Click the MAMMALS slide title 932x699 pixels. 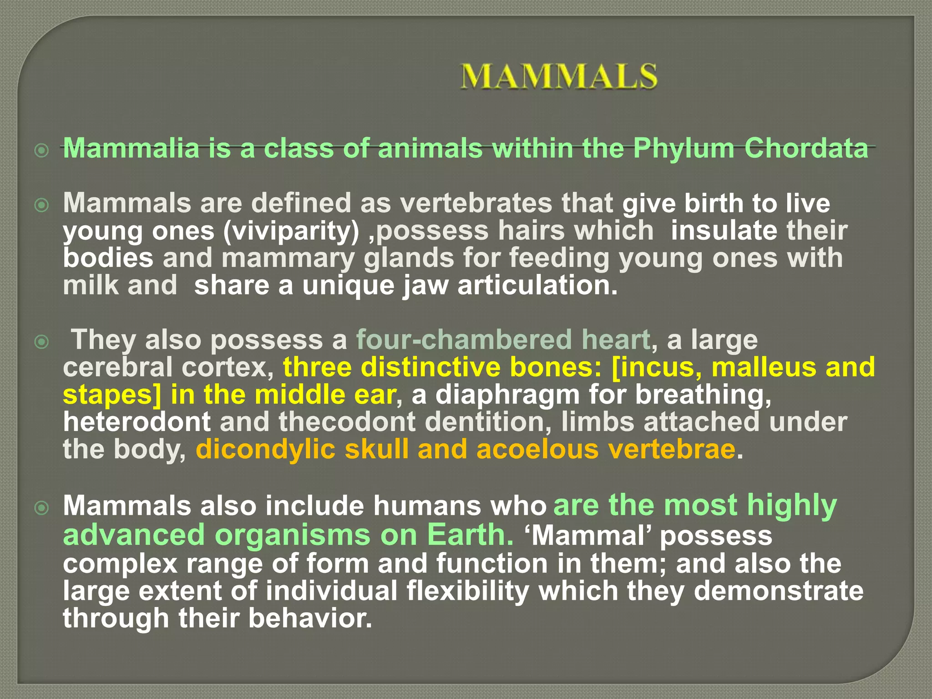click(559, 76)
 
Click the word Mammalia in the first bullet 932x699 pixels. click(131, 148)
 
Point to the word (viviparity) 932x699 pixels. click(291, 231)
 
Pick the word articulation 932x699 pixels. click(537, 285)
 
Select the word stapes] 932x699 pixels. click(112, 395)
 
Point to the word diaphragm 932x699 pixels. click(507, 395)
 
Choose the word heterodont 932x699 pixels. click(137, 421)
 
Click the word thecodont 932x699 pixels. click(347, 421)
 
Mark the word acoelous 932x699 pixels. click(537, 449)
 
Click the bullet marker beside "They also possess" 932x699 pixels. click(41, 341)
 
